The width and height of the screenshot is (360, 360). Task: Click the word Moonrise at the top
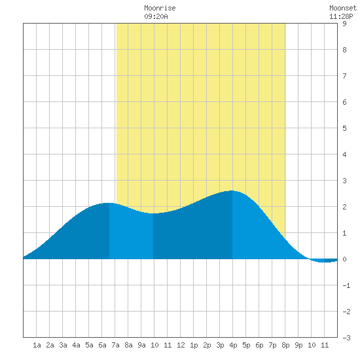tap(160, 8)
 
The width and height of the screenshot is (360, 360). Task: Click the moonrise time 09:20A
tap(156, 16)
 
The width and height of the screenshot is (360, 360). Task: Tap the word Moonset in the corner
tap(343, 8)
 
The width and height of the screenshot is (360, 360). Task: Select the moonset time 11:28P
tap(341, 16)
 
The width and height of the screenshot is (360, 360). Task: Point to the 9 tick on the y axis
tap(344, 24)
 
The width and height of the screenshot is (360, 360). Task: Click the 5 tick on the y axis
tap(344, 128)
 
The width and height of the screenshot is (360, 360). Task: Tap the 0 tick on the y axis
tap(344, 259)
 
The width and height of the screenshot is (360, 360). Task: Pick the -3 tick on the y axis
tap(346, 338)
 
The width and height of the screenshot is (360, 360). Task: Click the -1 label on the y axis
tap(346, 285)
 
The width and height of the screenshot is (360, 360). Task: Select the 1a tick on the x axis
tap(37, 345)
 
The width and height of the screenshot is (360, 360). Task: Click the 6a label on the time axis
tap(102, 345)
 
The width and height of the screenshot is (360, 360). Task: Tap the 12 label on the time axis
tap(181, 345)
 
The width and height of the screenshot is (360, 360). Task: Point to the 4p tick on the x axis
tap(233, 345)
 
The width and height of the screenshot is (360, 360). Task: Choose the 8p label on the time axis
tap(285, 345)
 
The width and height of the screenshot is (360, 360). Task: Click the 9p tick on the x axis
tap(298, 345)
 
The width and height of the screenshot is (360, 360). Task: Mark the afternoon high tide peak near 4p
tap(232, 190)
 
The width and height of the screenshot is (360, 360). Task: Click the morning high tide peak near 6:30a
tap(107, 203)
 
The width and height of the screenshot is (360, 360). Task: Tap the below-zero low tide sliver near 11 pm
tap(324, 261)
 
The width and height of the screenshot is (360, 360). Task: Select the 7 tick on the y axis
tap(344, 76)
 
